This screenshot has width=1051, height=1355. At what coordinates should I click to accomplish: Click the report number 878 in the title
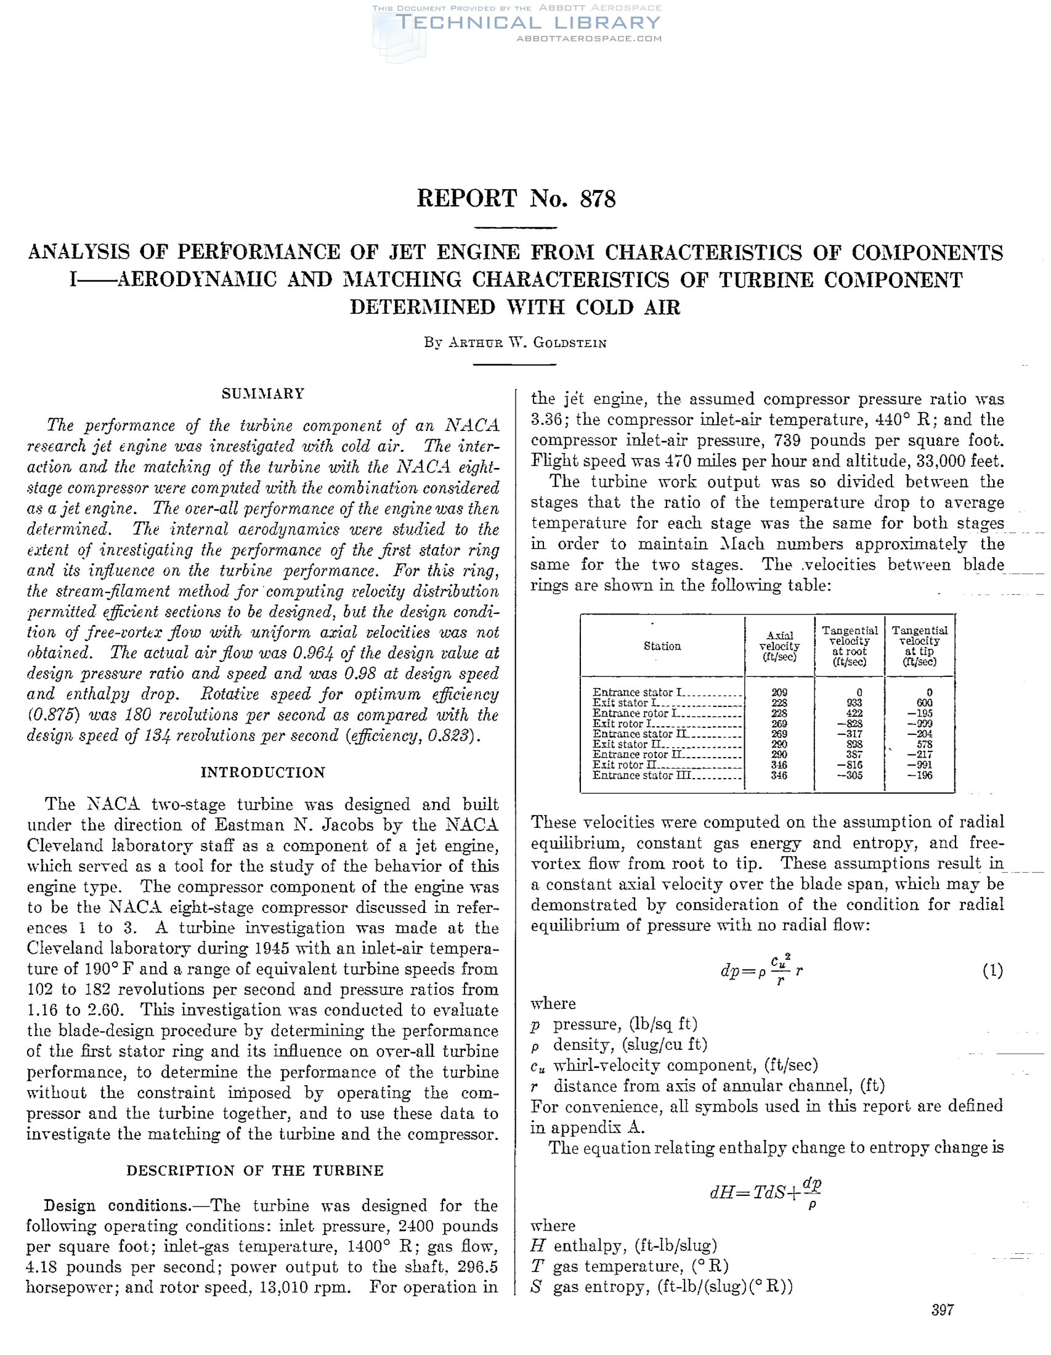[x=597, y=199]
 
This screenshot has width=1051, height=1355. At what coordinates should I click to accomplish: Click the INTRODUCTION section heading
[x=263, y=772]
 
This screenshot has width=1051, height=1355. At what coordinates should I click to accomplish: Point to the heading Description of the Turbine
[x=255, y=1171]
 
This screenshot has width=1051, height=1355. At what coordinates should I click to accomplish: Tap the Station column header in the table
[x=662, y=646]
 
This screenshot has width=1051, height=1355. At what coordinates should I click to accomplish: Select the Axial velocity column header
[x=779, y=646]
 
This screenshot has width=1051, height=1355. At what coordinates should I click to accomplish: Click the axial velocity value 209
[x=779, y=692]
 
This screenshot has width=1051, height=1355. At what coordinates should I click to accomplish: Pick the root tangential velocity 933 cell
[x=854, y=703]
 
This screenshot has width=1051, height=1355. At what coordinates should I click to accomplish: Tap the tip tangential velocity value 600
[x=924, y=703]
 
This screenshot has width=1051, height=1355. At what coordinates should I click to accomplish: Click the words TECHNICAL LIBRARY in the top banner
[x=529, y=23]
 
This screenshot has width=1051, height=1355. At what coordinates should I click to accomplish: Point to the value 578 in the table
[x=924, y=745]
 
